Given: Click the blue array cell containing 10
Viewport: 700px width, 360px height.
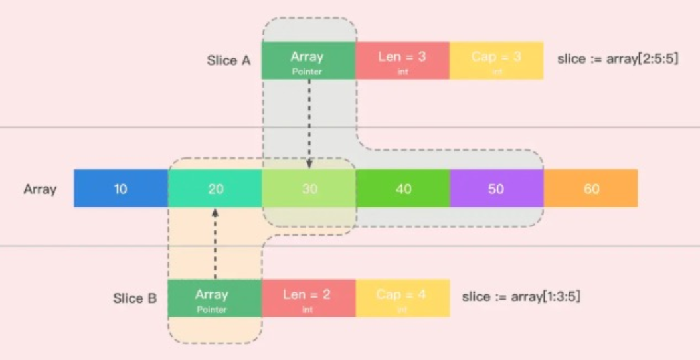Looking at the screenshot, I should [x=120, y=189].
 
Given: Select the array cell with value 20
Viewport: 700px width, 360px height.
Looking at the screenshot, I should [x=215, y=189].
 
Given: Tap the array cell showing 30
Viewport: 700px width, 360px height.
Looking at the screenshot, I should [x=309, y=189].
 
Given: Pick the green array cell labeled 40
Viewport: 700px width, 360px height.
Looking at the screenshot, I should [x=403, y=189].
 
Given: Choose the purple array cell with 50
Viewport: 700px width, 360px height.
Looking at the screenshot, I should [x=496, y=189].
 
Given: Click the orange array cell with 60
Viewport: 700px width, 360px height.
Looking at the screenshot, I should [x=590, y=189].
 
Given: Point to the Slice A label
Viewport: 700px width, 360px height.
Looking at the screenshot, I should [x=228, y=61].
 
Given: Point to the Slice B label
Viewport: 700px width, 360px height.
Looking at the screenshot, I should [x=135, y=298].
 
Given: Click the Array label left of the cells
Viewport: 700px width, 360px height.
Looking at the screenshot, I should [x=41, y=189].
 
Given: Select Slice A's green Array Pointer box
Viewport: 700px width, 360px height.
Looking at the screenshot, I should [x=308, y=60].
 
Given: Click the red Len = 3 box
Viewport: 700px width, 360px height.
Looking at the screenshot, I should [x=402, y=60].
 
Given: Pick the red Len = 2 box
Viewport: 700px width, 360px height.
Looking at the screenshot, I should [x=308, y=298].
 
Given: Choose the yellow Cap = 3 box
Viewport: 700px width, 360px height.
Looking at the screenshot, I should [x=496, y=60].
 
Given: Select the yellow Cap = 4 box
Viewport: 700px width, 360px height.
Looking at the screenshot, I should [x=402, y=298].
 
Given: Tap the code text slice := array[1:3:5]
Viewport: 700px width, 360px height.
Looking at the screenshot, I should [x=521, y=296].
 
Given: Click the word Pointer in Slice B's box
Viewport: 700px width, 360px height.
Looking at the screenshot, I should [x=213, y=309].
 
